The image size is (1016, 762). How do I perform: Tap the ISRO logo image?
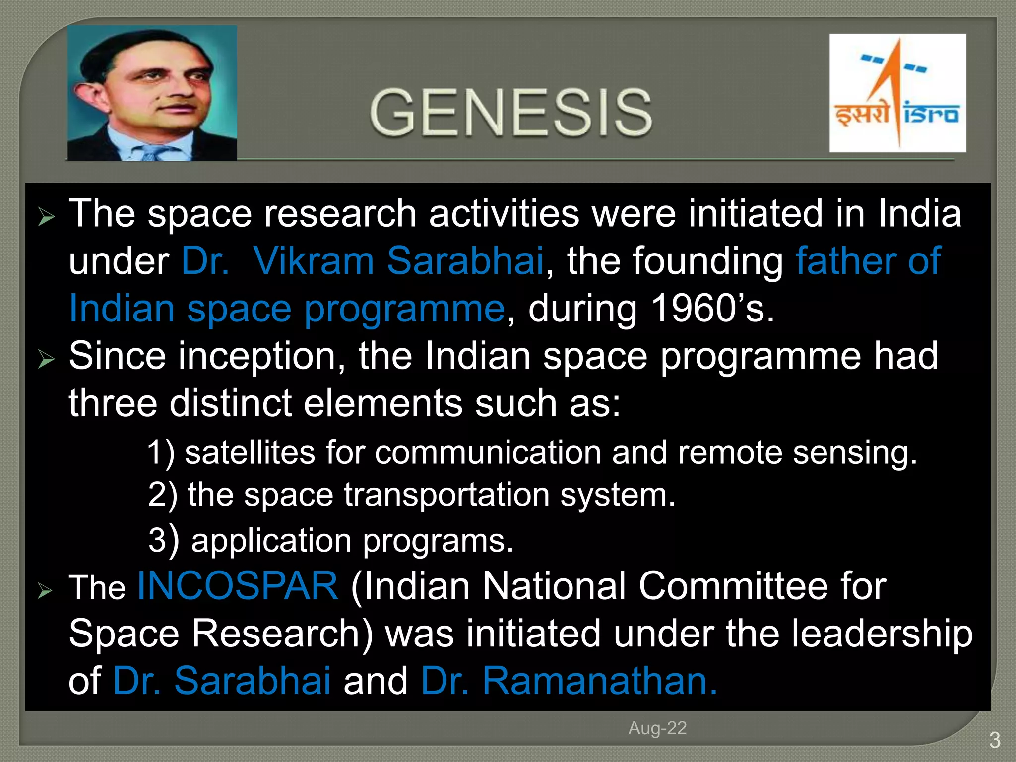point(897,93)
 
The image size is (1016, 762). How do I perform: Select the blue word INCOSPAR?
point(238,586)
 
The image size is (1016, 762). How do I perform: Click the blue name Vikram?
point(313,261)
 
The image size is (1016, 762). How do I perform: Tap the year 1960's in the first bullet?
point(712,309)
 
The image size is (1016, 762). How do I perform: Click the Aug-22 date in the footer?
point(657,728)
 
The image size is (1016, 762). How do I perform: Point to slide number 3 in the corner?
point(994,741)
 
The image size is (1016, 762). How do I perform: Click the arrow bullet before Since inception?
point(46,359)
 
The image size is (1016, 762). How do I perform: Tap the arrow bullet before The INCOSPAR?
point(45,590)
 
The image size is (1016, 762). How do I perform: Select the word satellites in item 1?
point(250,453)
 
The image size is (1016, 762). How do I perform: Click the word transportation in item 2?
point(446,495)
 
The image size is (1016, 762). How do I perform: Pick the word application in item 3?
point(271,541)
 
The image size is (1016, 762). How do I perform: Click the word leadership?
point(882,634)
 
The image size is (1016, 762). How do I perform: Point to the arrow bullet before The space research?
point(46,217)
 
